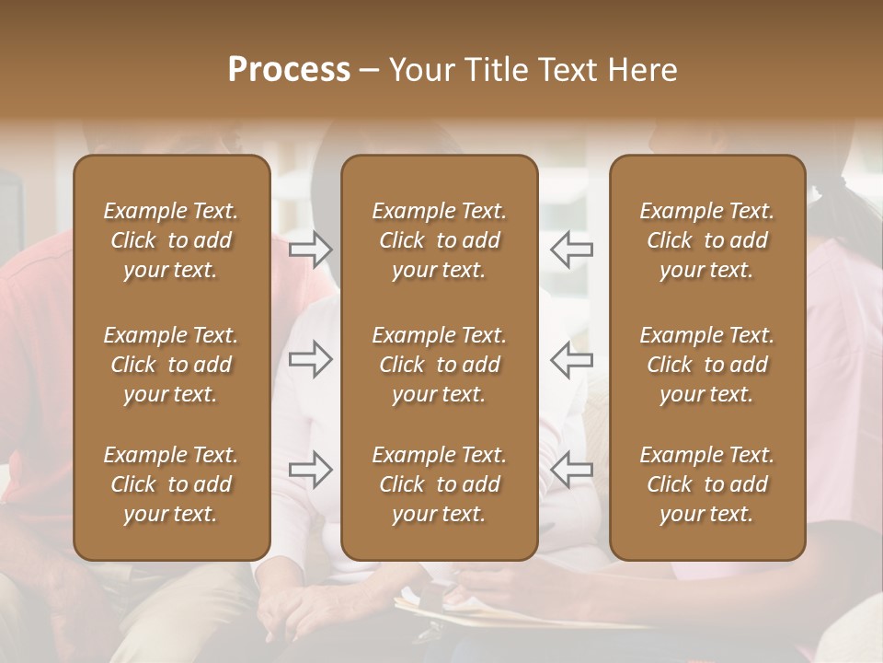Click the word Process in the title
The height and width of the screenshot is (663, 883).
(x=289, y=70)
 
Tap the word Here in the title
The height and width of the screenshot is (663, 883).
(x=643, y=70)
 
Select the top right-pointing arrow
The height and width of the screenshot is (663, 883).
(x=311, y=249)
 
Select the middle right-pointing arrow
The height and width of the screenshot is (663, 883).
(x=311, y=359)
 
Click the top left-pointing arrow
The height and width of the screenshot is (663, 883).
(x=572, y=249)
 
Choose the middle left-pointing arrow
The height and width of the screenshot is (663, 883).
(x=572, y=359)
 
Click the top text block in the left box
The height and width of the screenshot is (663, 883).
(x=171, y=240)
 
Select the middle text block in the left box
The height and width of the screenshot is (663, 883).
(x=171, y=365)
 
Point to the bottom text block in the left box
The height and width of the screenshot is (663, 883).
(x=171, y=484)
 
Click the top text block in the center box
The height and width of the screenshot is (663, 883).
(x=439, y=240)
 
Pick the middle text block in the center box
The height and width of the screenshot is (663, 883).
(x=439, y=365)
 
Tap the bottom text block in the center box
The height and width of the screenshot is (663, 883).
(x=439, y=484)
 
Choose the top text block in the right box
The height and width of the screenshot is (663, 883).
(x=706, y=240)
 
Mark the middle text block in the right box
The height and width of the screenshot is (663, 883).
(x=706, y=365)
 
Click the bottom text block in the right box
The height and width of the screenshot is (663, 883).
(x=706, y=484)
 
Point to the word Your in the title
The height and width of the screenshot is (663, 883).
(x=419, y=70)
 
